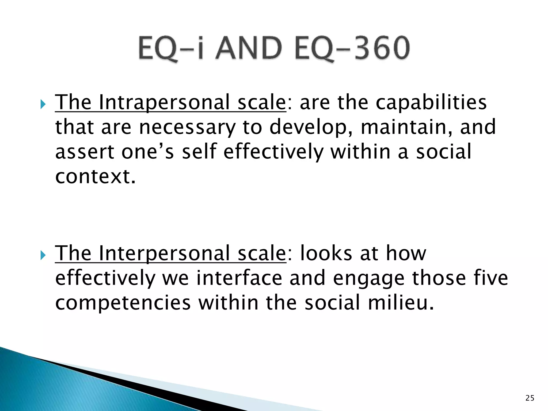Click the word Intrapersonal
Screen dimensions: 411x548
(x=164, y=102)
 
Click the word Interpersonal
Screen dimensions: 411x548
(x=164, y=253)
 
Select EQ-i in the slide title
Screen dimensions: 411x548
(x=171, y=48)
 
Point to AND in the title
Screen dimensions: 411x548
(x=249, y=48)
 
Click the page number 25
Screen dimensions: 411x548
(x=530, y=398)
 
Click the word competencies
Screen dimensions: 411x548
(x=123, y=303)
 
